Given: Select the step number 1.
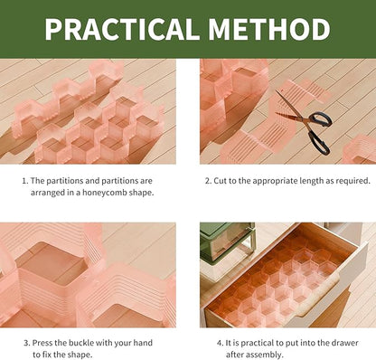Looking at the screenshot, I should (x=24, y=181).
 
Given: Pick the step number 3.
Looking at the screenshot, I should (x=24, y=343).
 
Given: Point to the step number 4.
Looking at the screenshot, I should (x=221, y=343).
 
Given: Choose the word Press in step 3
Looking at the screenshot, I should (x=44, y=343).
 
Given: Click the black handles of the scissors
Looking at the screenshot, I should (x=317, y=136).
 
